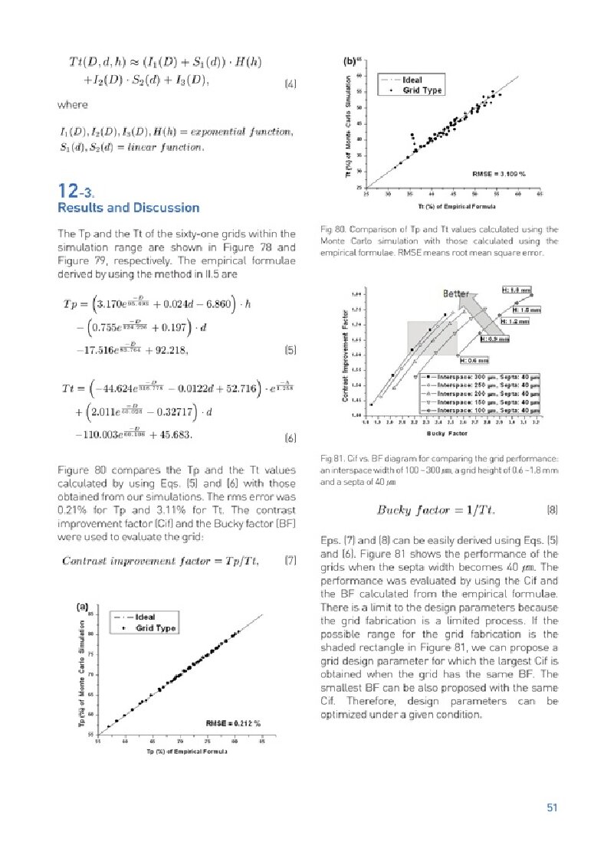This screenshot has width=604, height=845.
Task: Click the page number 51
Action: click(551, 807)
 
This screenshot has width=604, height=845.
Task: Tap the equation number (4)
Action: click(290, 82)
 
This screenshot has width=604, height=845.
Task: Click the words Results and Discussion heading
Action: click(129, 208)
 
